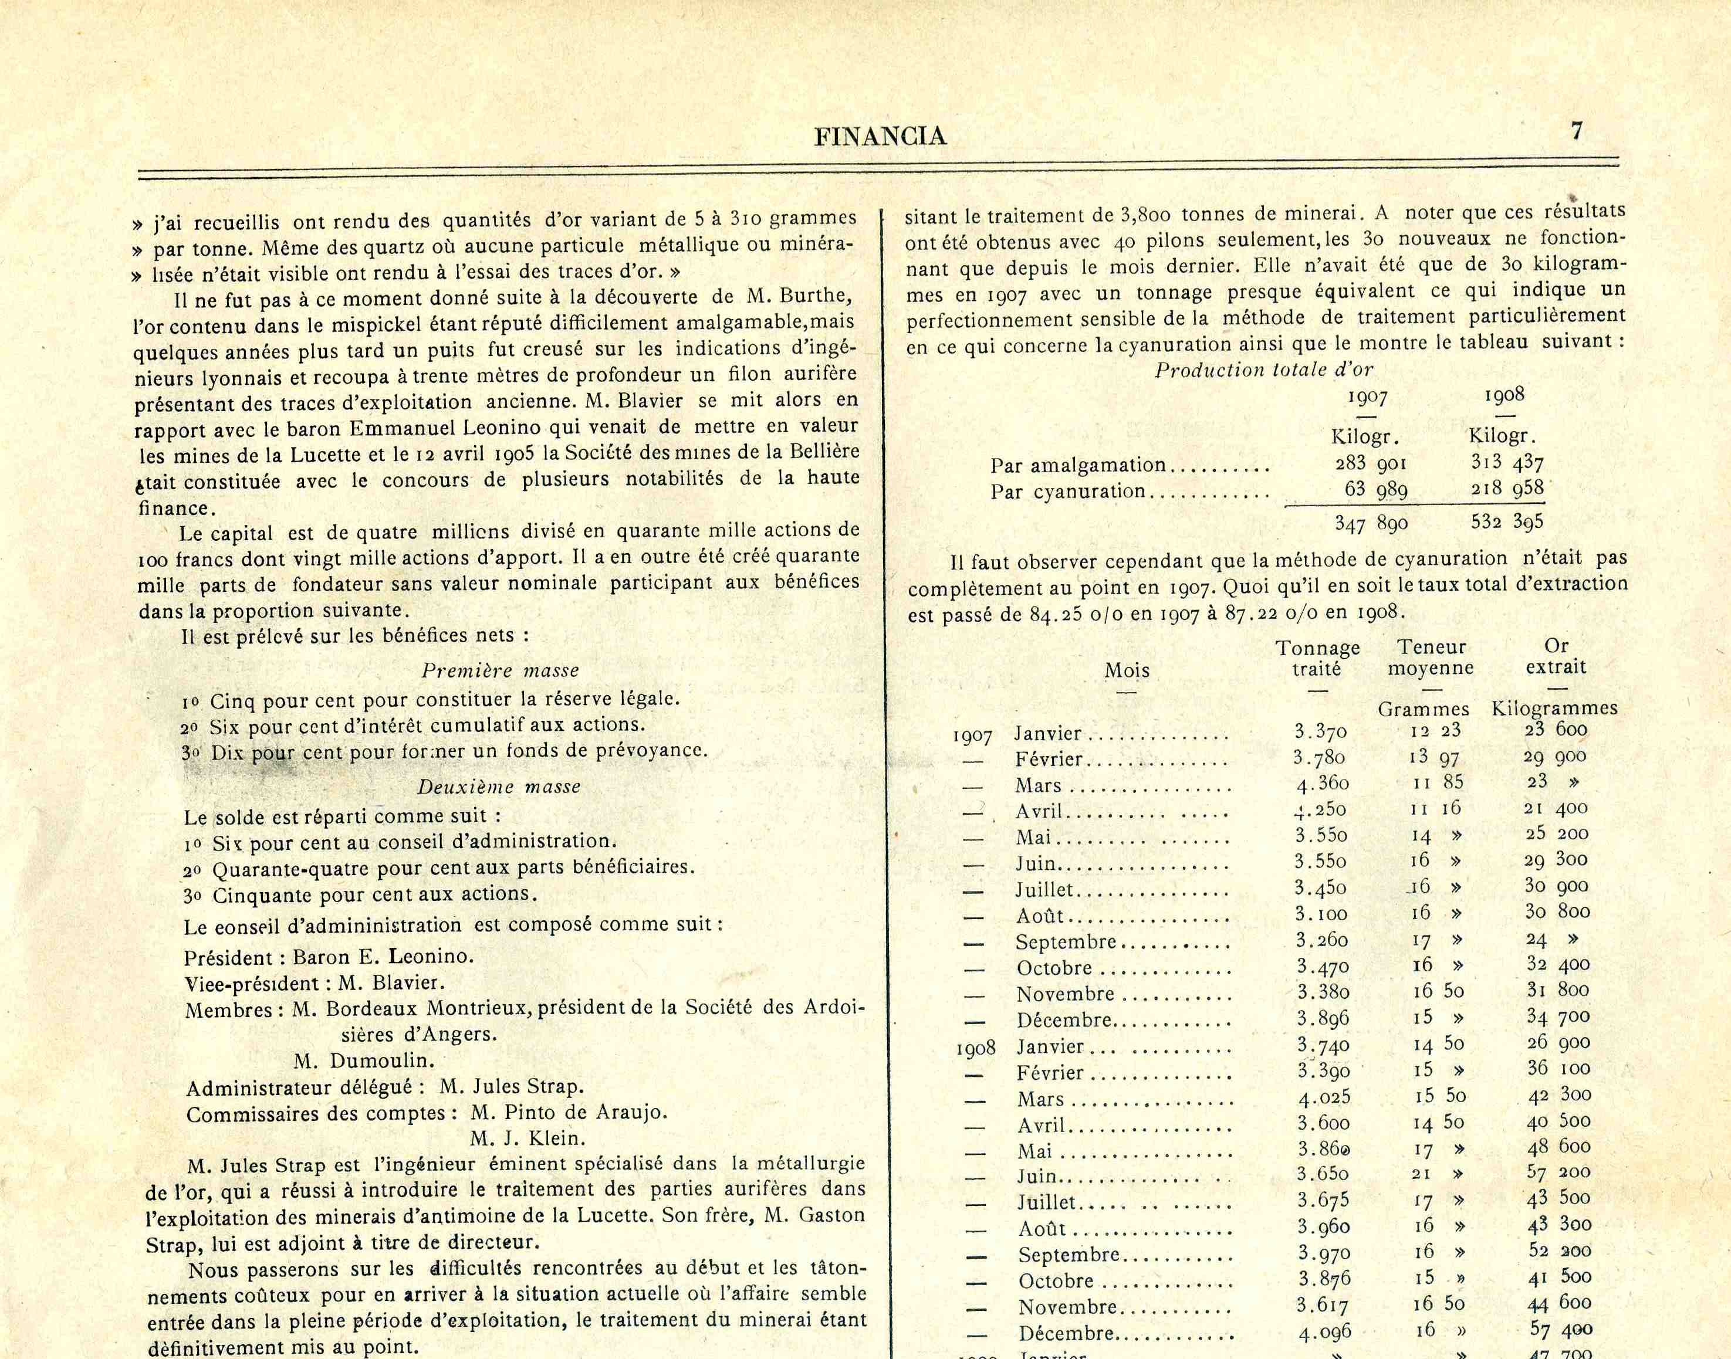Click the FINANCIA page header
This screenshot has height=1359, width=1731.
(880, 137)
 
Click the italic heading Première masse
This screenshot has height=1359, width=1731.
(500, 671)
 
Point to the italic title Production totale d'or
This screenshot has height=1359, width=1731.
(1264, 370)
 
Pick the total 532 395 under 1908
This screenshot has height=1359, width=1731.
(1507, 522)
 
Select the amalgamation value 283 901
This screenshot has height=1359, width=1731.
(1372, 463)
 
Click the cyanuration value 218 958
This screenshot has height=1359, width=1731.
(1507, 489)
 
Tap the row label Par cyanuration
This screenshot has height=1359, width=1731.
(1068, 492)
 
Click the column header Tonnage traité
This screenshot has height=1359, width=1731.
(1318, 658)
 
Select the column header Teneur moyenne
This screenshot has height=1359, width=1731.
(1430, 658)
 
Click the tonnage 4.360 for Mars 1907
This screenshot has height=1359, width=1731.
(1322, 784)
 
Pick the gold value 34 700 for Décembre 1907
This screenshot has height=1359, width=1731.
(1557, 1017)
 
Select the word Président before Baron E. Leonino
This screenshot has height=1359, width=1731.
(228, 957)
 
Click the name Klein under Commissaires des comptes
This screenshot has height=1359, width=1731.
(555, 1138)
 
